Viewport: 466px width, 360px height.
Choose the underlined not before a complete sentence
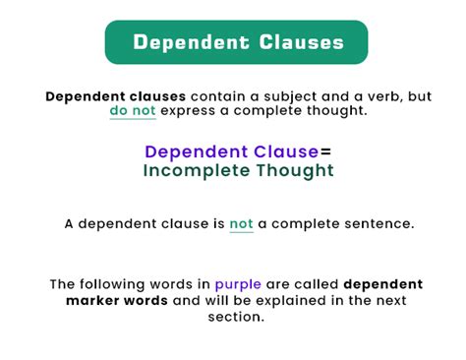tap(241, 223)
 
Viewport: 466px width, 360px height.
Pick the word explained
tap(293, 300)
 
